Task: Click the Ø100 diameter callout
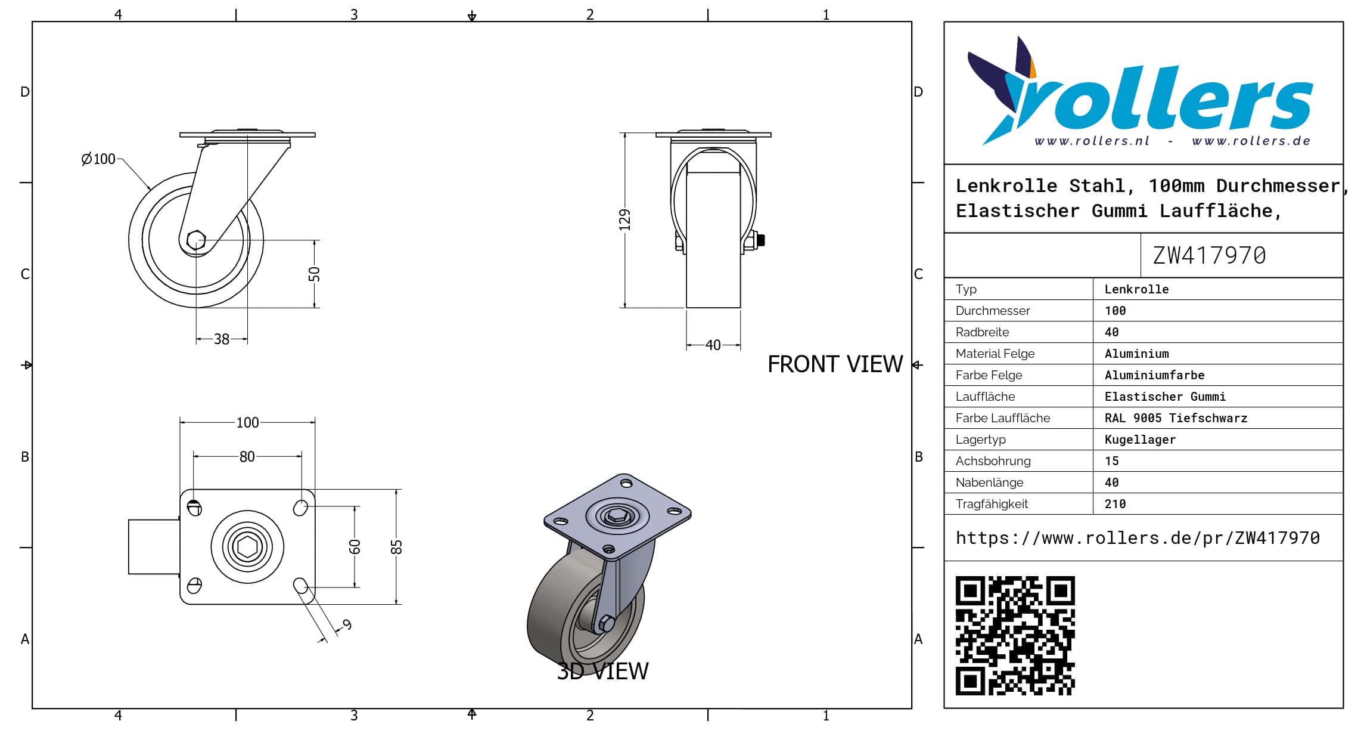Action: (99, 159)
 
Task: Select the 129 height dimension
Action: (624, 219)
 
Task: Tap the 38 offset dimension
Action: (222, 339)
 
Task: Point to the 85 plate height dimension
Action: (397, 547)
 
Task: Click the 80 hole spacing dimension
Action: (247, 457)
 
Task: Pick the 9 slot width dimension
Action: (347, 624)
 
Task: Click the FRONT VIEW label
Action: (835, 364)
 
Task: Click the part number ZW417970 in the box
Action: (1209, 256)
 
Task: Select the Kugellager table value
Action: (1140, 440)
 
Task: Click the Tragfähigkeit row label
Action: (992, 504)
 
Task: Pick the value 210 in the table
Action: (1115, 504)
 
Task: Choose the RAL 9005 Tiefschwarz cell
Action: (1176, 418)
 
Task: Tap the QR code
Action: (1015, 635)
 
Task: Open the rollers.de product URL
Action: (1138, 538)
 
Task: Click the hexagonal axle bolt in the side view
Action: (196, 240)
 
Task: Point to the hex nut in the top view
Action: (247, 546)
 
